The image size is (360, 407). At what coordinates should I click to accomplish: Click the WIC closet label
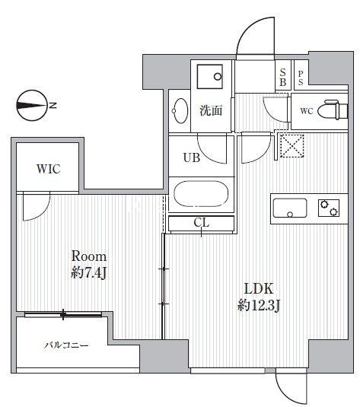49,169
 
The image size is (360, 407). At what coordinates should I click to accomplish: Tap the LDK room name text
259,288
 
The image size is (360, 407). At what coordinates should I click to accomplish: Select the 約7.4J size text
88,272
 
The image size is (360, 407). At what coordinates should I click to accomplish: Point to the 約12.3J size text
259,305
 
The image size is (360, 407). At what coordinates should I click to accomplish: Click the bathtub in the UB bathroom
201,194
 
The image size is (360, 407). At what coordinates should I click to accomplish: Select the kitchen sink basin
290,208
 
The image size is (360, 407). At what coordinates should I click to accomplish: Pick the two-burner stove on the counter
329,208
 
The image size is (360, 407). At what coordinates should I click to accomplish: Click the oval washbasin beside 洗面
180,111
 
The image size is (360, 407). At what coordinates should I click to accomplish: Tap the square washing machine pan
210,77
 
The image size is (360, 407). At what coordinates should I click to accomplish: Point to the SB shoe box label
282,78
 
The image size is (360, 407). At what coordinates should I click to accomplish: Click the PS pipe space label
301,78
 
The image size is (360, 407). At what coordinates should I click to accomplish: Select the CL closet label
202,223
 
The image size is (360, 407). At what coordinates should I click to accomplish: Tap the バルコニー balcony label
66,345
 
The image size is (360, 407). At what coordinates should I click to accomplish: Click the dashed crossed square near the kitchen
292,145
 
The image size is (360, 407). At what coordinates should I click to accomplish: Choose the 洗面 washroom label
211,111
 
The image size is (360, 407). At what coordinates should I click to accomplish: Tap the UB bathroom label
192,157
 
